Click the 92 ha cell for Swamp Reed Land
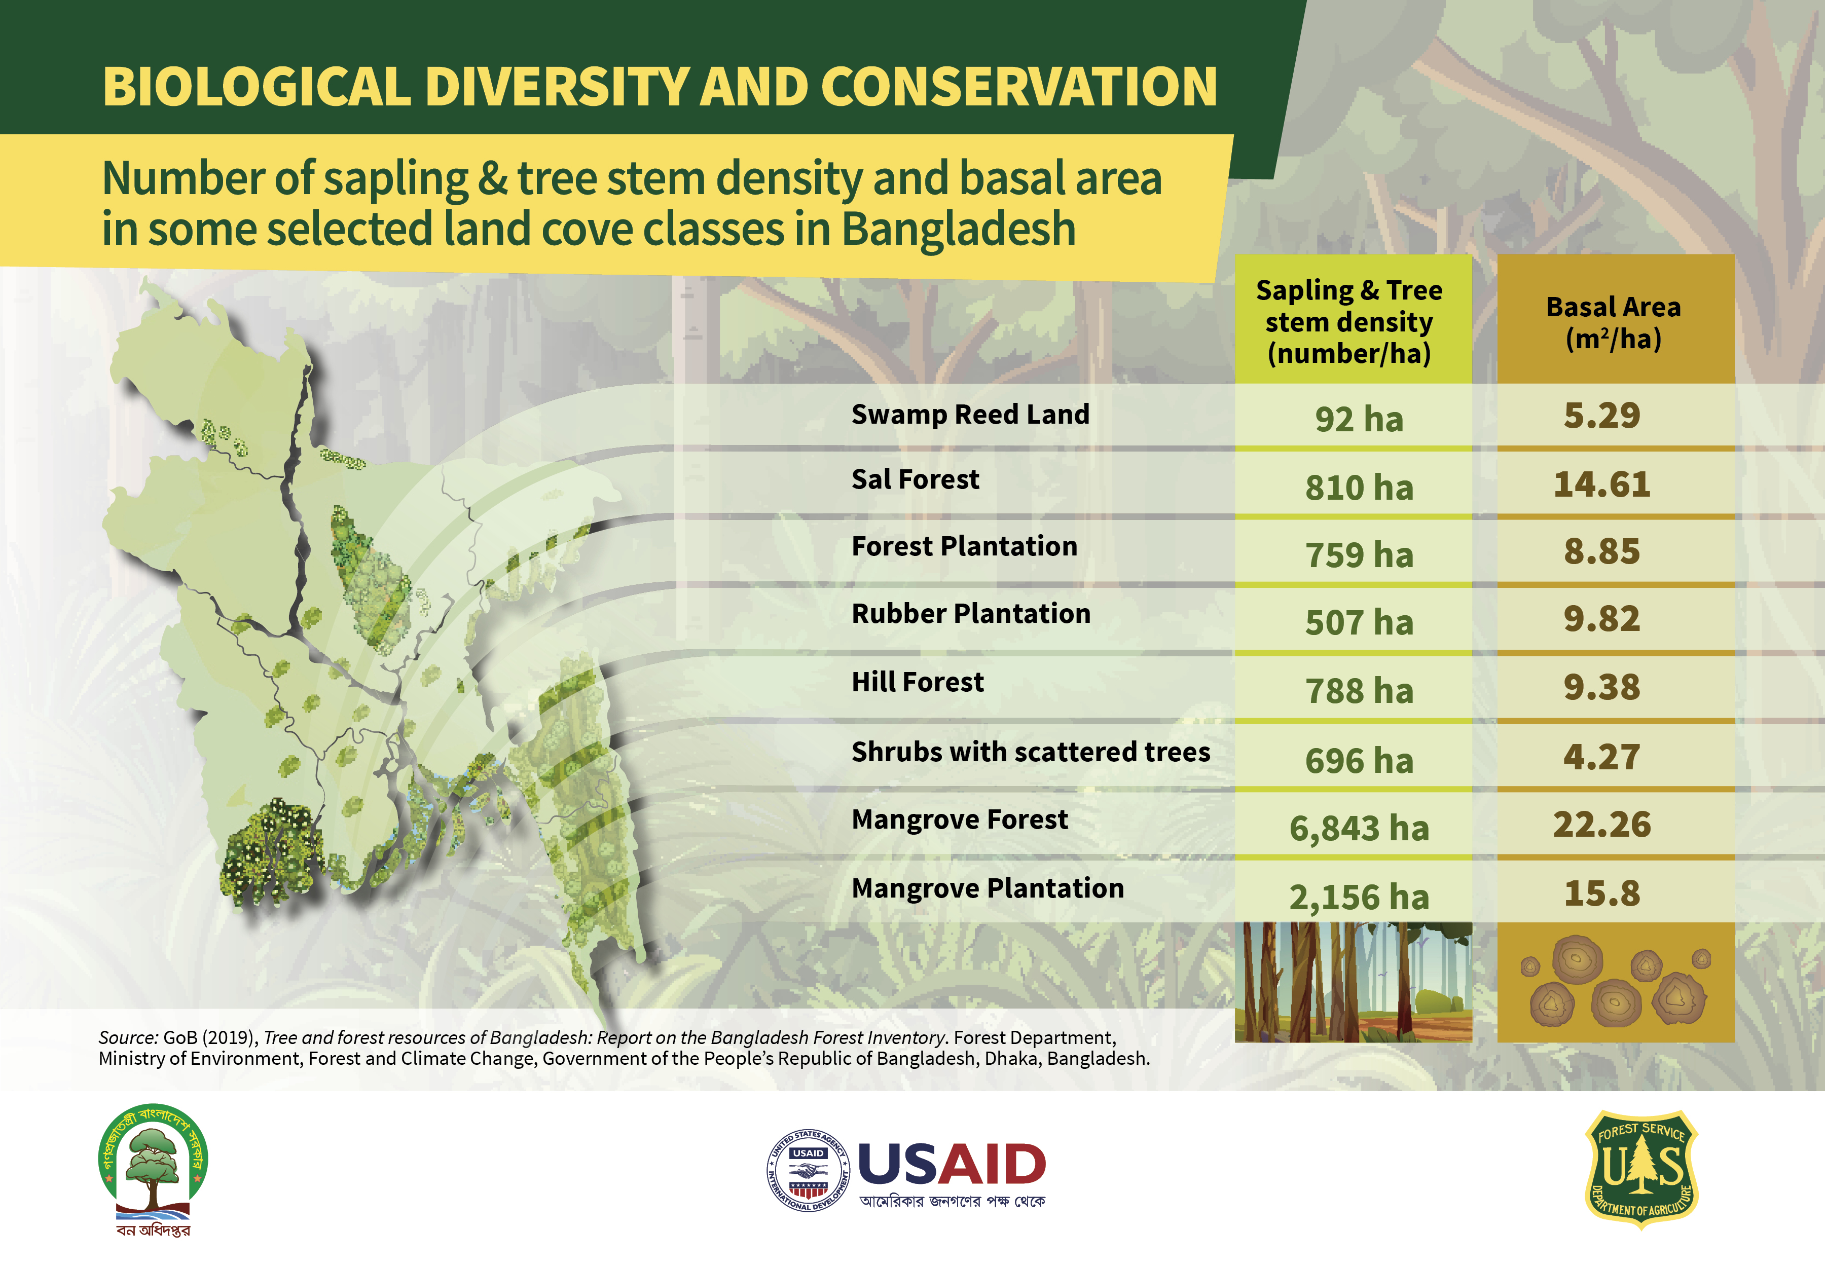click(1359, 419)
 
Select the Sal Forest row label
click(915, 479)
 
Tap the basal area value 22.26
click(1602, 825)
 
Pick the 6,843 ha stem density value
click(1359, 828)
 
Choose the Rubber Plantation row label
click(970, 614)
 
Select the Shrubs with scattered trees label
click(1031, 752)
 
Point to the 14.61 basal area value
click(1602, 485)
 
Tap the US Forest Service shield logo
click(1641, 1169)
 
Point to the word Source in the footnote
click(127, 1037)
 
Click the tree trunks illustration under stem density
click(1353, 982)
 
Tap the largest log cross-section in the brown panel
click(1577, 960)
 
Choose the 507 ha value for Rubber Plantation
click(1359, 622)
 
